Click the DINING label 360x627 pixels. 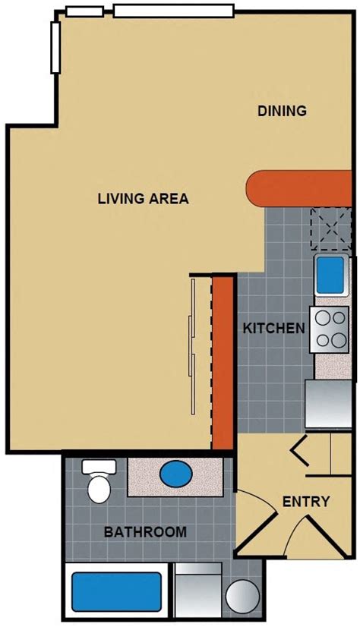coord(282,111)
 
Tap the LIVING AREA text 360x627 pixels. coord(143,199)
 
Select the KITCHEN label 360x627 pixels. coord(273,329)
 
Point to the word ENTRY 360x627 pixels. coord(306,502)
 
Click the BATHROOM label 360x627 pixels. coord(145,531)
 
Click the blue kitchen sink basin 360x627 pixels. coord(330,276)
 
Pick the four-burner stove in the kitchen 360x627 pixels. coord(330,329)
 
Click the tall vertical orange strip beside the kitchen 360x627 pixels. coord(223,363)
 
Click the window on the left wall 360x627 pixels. coord(55,47)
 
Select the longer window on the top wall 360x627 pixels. coord(174,10)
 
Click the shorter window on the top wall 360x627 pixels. coord(84,11)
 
